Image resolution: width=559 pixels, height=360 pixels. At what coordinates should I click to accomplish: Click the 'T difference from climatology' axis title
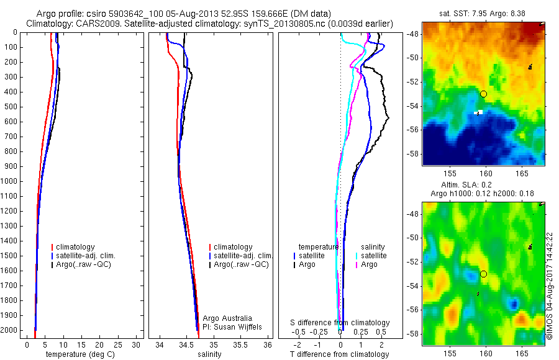(x=339, y=354)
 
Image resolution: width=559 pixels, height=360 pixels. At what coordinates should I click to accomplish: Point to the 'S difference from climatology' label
(x=340, y=323)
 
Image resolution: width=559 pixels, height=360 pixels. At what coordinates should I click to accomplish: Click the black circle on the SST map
(x=483, y=94)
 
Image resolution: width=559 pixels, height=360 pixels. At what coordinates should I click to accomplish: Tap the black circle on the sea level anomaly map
(x=483, y=274)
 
